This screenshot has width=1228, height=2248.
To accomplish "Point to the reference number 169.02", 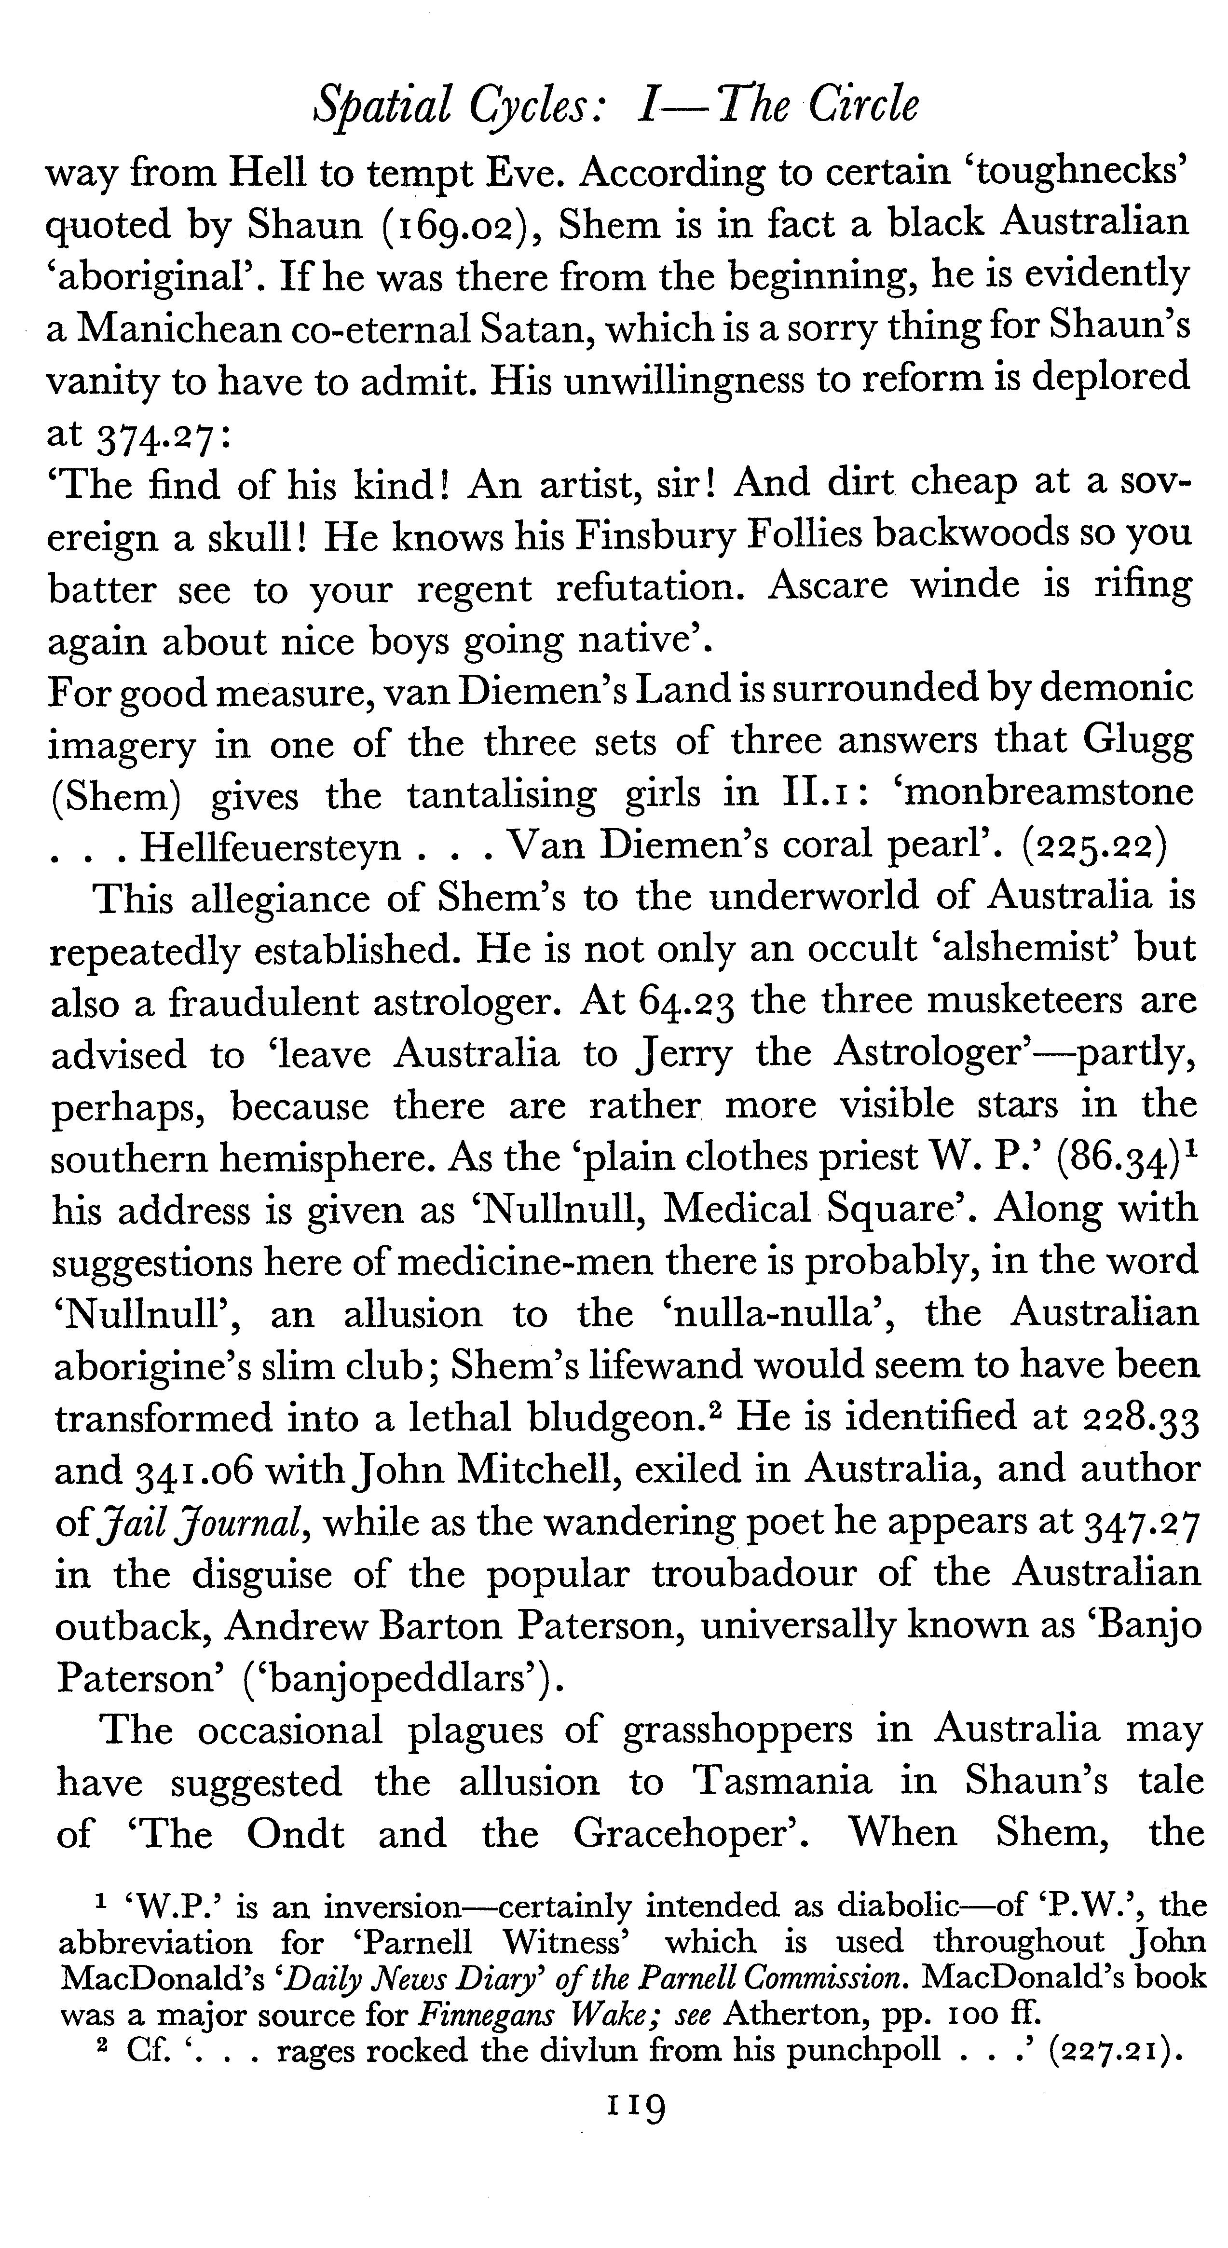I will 454,225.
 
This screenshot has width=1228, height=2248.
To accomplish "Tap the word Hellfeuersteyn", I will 271,846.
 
